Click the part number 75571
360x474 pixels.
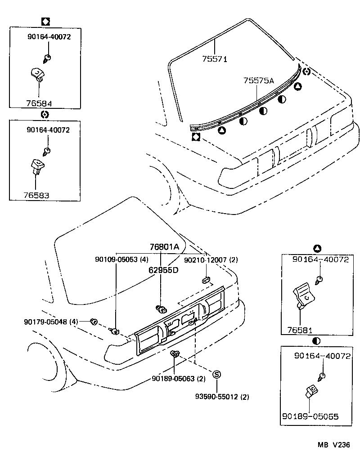point(215,58)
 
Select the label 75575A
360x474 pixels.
point(259,80)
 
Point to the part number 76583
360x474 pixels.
point(36,195)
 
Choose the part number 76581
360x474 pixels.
point(300,330)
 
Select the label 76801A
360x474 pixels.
point(164,247)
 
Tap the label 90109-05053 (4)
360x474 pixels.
point(121,259)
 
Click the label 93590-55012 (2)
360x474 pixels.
point(222,396)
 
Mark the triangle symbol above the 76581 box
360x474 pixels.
point(317,248)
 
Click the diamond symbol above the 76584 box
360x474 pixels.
point(45,21)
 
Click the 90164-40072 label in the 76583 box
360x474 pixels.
point(48,130)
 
